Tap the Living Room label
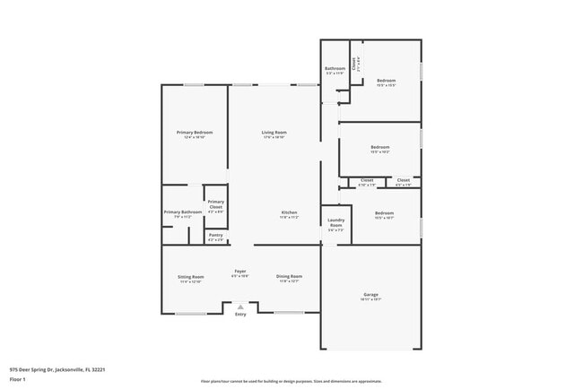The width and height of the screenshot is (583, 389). (x=274, y=133)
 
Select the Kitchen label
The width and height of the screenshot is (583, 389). (x=288, y=212)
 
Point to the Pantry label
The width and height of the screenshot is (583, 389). (x=216, y=237)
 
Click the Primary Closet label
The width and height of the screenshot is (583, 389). (x=216, y=203)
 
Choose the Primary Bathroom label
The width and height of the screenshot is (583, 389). (x=178, y=212)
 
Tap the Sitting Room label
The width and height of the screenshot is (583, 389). (x=190, y=277)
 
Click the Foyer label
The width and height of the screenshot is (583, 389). (x=240, y=272)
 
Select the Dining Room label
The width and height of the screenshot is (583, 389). (x=289, y=276)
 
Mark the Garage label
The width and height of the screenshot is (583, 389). (x=370, y=294)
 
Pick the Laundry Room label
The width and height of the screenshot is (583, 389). (x=335, y=222)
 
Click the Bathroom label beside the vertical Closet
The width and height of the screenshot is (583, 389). (x=335, y=68)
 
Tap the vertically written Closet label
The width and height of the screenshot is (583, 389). (x=354, y=63)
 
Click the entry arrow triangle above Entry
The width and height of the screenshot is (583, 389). (x=240, y=307)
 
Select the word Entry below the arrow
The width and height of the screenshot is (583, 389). (x=240, y=315)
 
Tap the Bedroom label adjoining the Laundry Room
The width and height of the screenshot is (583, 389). (x=383, y=212)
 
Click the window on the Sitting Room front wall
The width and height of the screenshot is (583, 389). (x=190, y=313)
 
